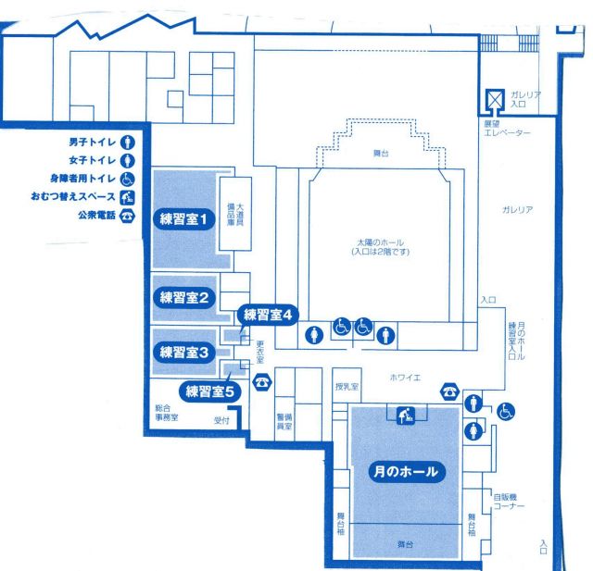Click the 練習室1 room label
pyautogui.click(x=184, y=219)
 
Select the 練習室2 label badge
pyautogui.click(x=184, y=298)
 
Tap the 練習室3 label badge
pyautogui.click(x=184, y=353)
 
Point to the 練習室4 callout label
pyautogui.click(x=268, y=315)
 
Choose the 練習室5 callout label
pyautogui.click(x=210, y=391)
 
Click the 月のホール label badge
pyautogui.click(x=406, y=472)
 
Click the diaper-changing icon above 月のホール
pyautogui.click(x=406, y=416)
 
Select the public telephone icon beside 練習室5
pyautogui.click(x=262, y=382)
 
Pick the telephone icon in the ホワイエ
pyautogui.click(x=449, y=391)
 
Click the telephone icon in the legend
pyautogui.click(x=127, y=216)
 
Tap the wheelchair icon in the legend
pyautogui.click(x=128, y=179)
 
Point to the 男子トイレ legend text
pyautogui.click(x=93, y=143)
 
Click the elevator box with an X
pyautogui.click(x=495, y=100)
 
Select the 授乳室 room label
pyautogui.click(x=347, y=387)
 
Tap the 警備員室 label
pyautogui.click(x=284, y=421)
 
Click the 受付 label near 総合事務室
pyautogui.click(x=221, y=420)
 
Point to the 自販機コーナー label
pyautogui.click(x=509, y=502)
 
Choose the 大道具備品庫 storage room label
pyautogui.click(x=235, y=215)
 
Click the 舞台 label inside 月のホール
pyautogui.click(x=405, y=544)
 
